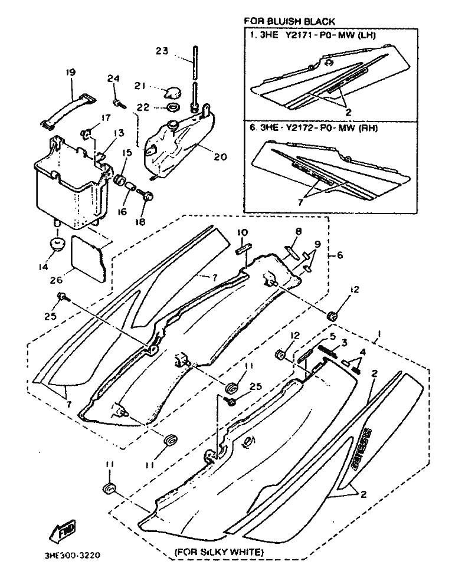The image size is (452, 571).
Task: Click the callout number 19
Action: tap(71, 73)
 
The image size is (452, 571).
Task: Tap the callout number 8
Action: tap(299, 232)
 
